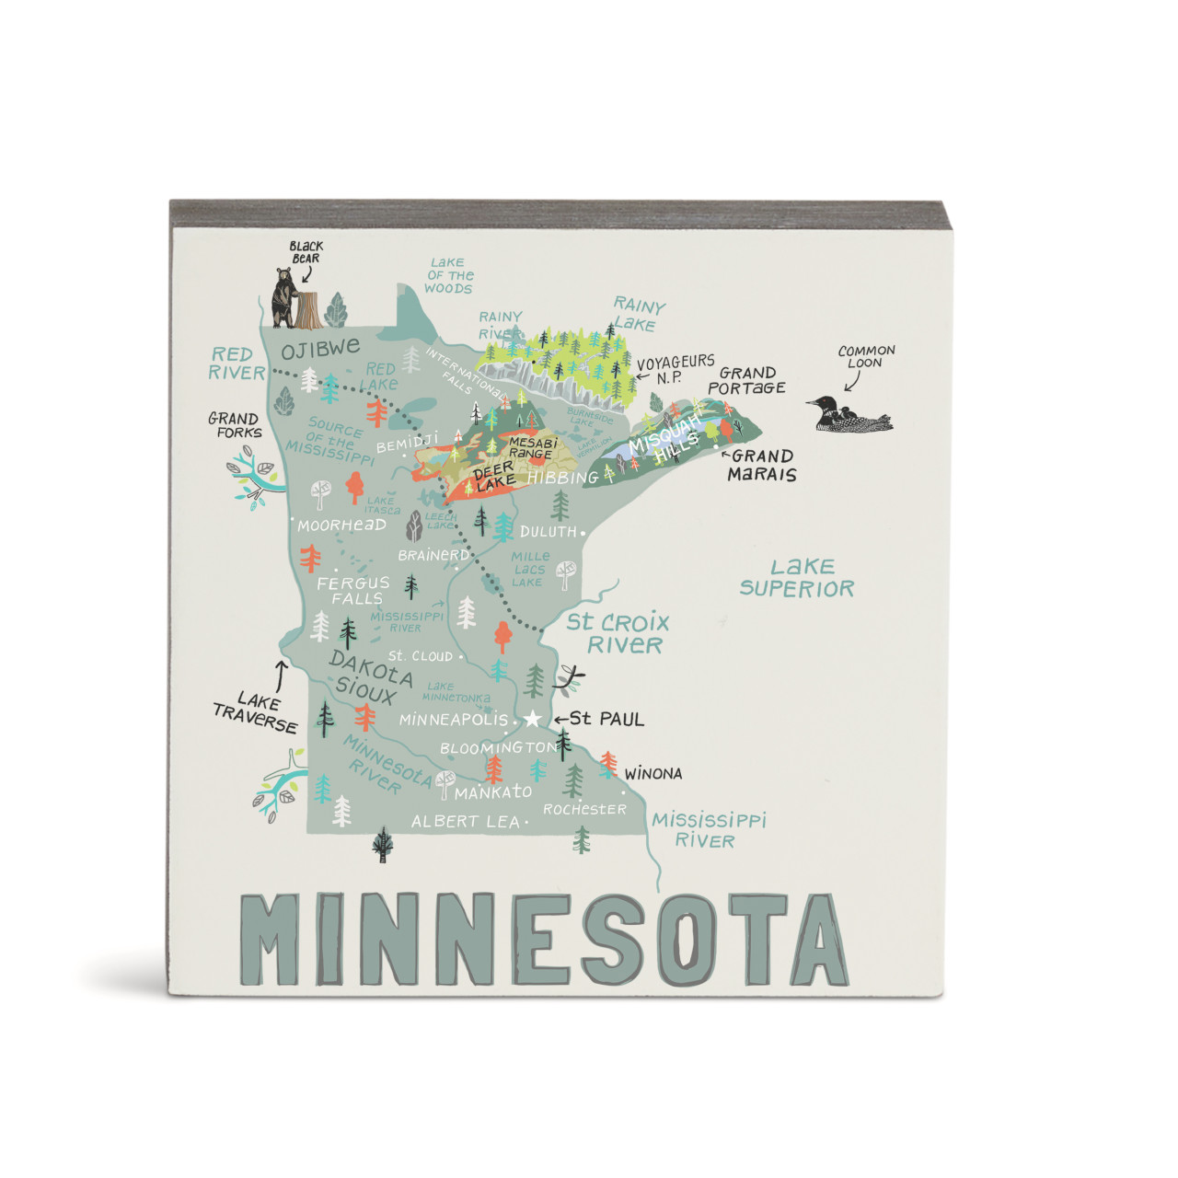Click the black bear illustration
(283, 297)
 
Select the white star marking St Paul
(532, 719)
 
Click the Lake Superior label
(797, 578)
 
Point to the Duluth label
(549, 532)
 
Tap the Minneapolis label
(453, 720)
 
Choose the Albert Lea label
(465, 822)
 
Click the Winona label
(653, 774)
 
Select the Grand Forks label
(234, 425)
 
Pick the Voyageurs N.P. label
(676, 369)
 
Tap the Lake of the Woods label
(449, 275)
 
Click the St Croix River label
(618, 633)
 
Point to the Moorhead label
(341, 525)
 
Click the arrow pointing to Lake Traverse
(281, 672)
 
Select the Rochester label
(584, 809)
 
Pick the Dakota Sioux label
(369, 676)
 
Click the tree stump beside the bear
(309, 310)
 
